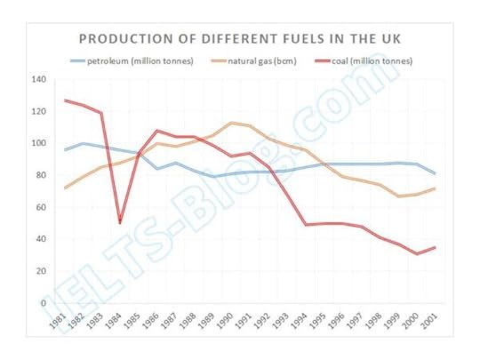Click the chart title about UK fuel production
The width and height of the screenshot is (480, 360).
pos(240,40)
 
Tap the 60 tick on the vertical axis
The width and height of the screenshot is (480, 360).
pos(41,208)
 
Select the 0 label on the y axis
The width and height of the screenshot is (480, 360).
pos(44,303)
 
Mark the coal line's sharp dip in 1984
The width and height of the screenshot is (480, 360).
pos(120,223)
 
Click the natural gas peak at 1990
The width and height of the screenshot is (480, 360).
pos(232,123)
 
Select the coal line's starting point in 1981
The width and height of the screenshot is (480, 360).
pos(64,100)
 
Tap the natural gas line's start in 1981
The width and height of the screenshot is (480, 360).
pos(64,188)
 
